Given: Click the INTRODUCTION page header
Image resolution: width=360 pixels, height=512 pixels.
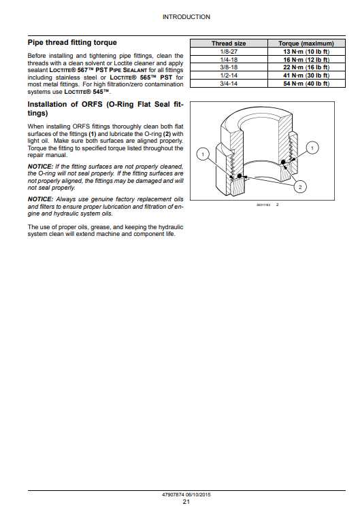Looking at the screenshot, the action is tap(186, 17).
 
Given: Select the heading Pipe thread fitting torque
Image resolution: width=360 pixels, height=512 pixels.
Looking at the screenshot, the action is tap(72, 42).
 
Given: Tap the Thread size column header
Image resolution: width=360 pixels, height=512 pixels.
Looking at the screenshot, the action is tap(229, 44).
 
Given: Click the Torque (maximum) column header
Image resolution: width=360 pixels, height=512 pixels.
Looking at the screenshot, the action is tap(306, 44).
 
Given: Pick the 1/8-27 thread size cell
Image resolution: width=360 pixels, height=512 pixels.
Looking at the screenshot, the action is tap(229, 52).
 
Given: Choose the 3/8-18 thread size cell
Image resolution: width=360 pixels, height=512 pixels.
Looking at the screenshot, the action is tap(229, 67).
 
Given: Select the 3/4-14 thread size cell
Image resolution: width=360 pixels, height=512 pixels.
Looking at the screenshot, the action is tap(229, 84).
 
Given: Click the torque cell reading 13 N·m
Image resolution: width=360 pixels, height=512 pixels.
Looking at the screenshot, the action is tap(306, 52).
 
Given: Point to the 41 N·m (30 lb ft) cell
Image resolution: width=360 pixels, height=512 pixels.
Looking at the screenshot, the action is tap(306, 75).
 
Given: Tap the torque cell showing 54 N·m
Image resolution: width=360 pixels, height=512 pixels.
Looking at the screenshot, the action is tap(306, 84).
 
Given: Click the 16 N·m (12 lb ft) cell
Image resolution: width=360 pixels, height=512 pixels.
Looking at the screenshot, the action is tap(306, 59).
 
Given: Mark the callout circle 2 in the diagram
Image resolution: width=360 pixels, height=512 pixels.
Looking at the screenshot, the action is tap(300, 187).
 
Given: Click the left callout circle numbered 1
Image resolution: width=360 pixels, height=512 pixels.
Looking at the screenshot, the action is tap(203, 154).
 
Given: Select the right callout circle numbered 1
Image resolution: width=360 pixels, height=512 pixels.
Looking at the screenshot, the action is tap(312, 148).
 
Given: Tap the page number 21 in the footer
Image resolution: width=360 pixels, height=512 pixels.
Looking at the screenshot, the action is tap(186, 502).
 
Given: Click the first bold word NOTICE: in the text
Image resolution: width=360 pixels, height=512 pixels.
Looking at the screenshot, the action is tap(40, 167).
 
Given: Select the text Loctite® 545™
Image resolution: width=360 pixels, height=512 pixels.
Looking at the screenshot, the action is tap(88, 92).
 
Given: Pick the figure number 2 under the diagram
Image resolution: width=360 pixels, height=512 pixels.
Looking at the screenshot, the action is tap(278, 205).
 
